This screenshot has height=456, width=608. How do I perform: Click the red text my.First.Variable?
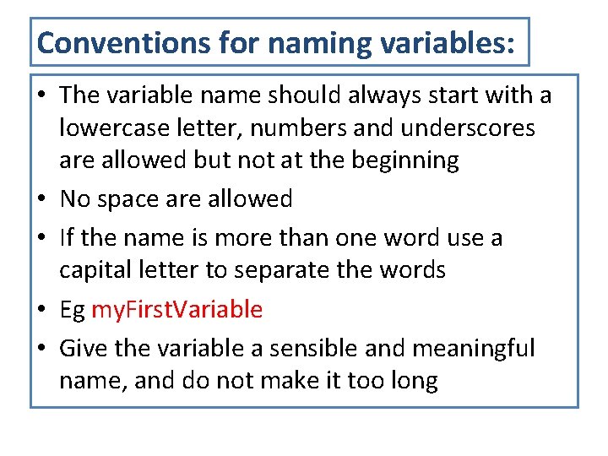tap(176, 310)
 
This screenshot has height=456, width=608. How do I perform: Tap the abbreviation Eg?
tap(72, 310)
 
